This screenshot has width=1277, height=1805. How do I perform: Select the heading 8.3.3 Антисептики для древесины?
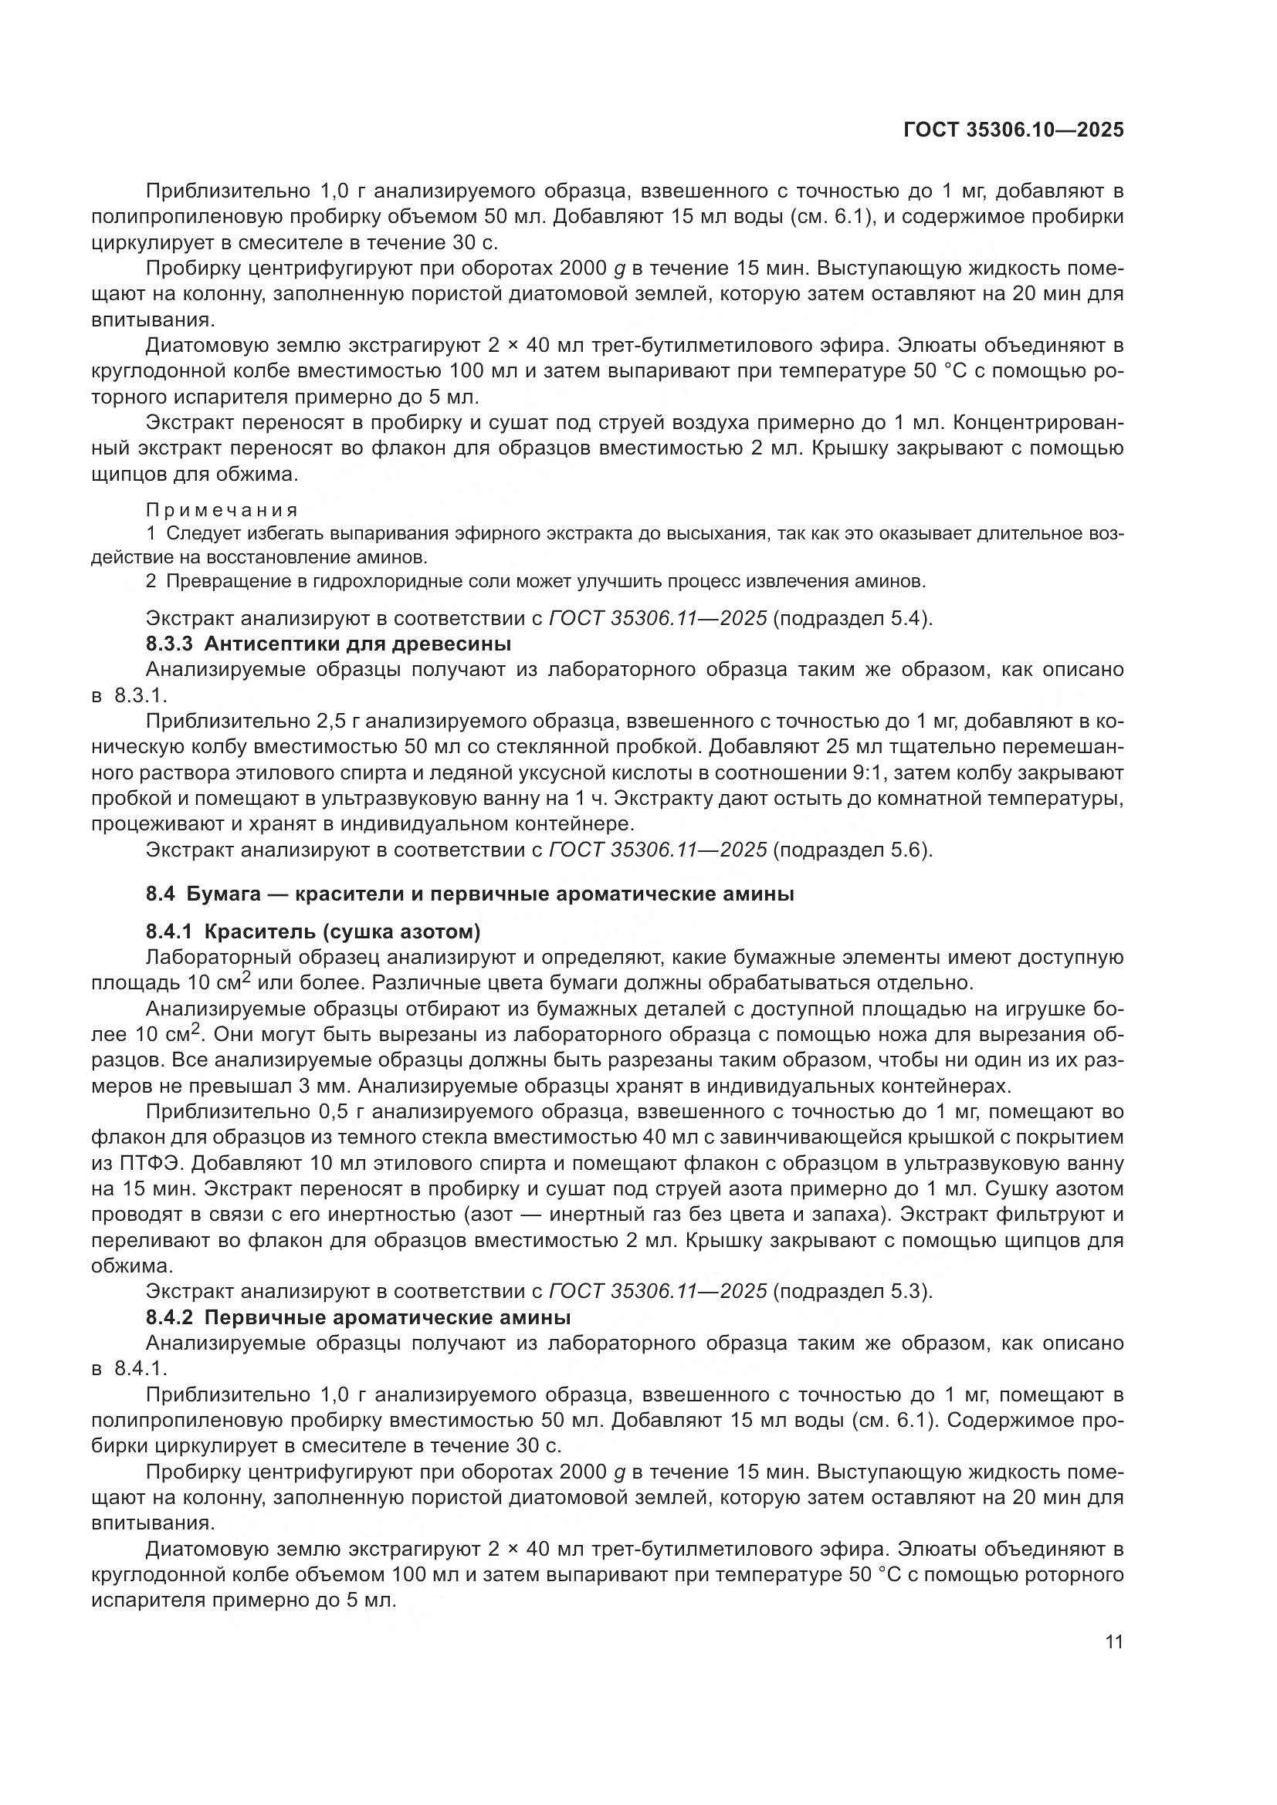[328, 644]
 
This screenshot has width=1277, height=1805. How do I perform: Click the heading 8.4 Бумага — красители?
[469, 894]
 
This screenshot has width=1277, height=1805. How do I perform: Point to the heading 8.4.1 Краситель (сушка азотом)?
[313, 931]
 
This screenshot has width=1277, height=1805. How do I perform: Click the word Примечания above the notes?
[222, 510]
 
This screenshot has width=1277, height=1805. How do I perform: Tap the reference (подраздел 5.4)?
[853, 619]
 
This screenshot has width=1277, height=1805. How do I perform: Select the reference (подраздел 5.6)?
[853, 850]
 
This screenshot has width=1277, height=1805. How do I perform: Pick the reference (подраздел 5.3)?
[853, 1292]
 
